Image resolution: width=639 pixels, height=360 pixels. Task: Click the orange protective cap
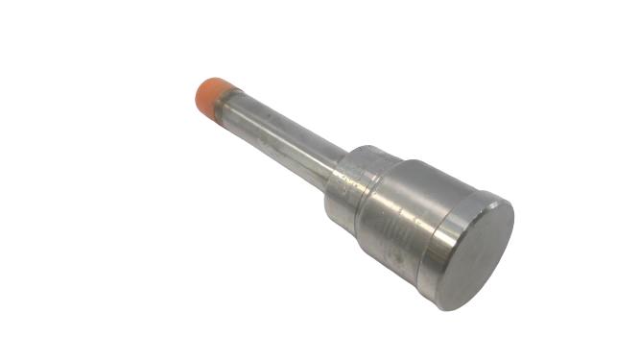click(x=212, y=94)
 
